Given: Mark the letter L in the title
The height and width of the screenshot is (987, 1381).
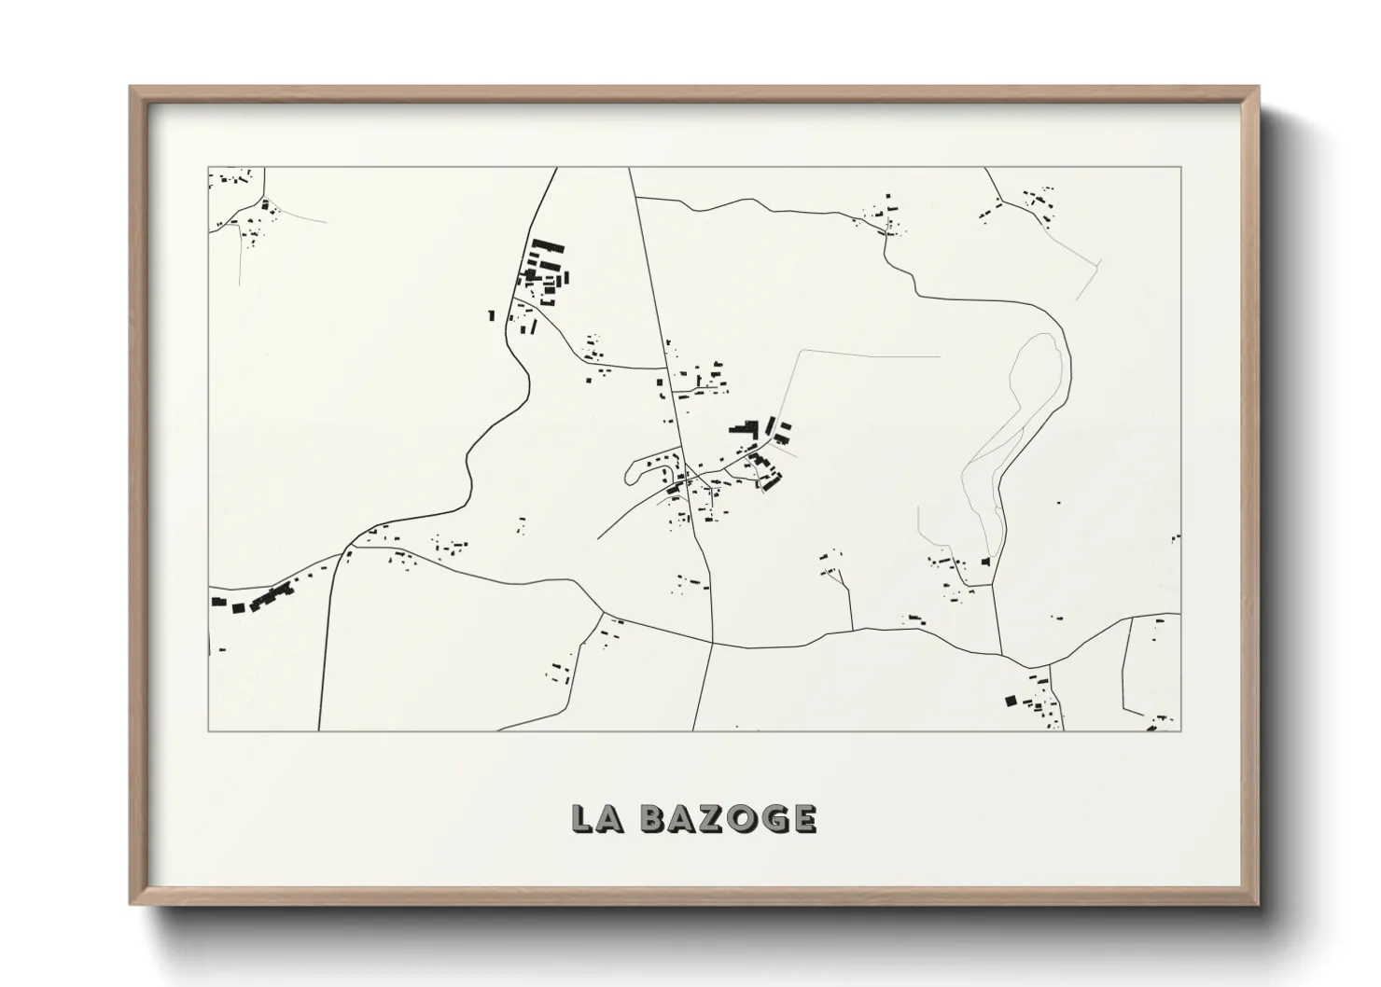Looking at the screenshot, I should tap(584, 818).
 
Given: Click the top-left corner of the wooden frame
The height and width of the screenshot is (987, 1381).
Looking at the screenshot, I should tap(132, 88).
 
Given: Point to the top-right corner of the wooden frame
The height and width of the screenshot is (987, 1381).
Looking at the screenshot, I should tap(1258, 88).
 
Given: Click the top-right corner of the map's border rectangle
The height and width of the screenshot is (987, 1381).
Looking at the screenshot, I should tap(1181, 168).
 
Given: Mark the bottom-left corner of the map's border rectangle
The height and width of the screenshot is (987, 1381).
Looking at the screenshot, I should tap(208, 730).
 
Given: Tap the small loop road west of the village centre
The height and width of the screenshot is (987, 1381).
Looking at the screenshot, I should tap(635, 472).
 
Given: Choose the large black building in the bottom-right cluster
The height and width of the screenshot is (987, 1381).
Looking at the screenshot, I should tap(1010, 699).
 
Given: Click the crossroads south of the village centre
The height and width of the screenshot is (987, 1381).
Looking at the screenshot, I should tap(713, 643).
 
